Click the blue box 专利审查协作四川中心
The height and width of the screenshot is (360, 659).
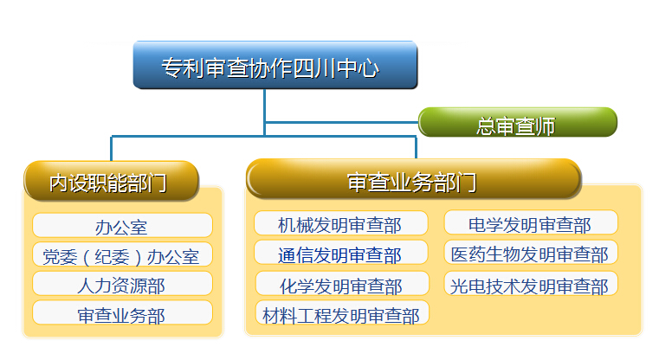coord(275,65)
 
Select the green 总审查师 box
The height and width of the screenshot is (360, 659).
coord(517,123)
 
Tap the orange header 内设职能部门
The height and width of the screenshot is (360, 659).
coord(111,181)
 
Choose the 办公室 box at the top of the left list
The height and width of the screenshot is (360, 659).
coord(122,226)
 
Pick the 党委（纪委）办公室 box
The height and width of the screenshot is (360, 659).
coord(122,255)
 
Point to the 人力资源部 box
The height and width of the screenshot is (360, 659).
coord(122,284)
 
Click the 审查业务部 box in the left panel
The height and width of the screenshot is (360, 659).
coord(122,313)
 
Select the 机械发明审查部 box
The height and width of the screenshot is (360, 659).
coord(340,224)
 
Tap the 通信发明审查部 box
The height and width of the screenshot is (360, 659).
coord(340,254)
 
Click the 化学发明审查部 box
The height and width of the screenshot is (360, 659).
coord(341,284)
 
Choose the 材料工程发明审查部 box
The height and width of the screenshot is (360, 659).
coord(341,313)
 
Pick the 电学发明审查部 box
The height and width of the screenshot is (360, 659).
coord(530,224)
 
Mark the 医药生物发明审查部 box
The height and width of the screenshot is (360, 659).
coord(530,254)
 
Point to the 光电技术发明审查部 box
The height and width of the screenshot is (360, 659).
coord(530,284)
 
